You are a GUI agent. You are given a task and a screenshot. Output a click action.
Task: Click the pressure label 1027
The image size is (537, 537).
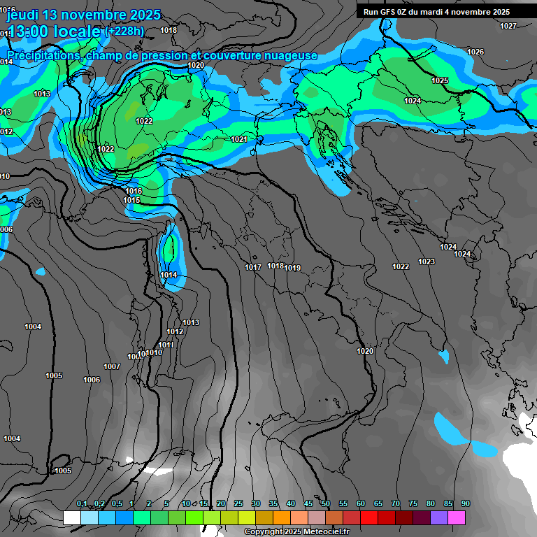[508, 26]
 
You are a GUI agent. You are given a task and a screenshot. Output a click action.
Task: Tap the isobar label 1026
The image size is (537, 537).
[475, 52]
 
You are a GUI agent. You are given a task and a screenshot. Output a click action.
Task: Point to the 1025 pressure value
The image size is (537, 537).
[440, 80]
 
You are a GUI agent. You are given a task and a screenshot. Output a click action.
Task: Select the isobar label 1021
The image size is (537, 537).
[239, 139]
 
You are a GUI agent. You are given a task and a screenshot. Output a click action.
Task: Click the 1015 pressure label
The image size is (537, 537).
[131, 201]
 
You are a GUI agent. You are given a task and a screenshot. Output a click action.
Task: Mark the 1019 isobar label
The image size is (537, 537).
[292, 268]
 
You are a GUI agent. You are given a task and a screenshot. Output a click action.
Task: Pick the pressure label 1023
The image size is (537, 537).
[427, 262]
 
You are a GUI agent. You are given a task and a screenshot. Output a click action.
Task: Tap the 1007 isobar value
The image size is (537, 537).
[112, 366]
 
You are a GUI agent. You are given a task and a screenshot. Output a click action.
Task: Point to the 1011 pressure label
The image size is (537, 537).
[166, 345]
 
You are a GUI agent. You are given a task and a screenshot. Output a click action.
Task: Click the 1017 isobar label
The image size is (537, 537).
[253, 267]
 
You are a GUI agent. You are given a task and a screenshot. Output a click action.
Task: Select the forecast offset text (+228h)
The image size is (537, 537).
[124, 31]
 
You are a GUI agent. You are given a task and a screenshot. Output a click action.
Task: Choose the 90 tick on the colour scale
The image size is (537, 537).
[466, 503]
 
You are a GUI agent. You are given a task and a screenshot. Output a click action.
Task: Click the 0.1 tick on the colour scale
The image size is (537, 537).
[81, 503]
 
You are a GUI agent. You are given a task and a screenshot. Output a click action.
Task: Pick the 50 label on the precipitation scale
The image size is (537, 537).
[326, 503]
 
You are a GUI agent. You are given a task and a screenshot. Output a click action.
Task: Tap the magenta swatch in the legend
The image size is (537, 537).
[457, 517]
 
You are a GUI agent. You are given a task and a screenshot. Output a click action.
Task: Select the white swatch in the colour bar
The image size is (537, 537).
[71, 517]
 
